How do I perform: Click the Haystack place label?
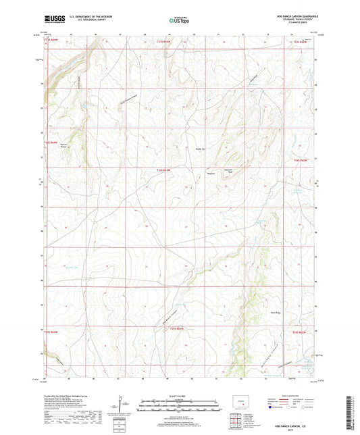[211, 172]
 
